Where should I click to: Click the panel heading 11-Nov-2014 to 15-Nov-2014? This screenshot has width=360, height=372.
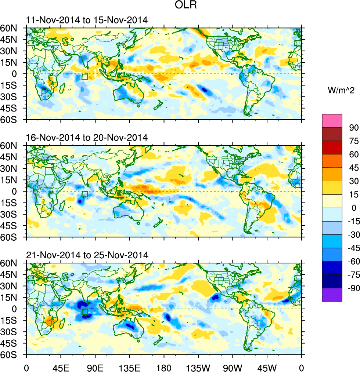coord(87,20)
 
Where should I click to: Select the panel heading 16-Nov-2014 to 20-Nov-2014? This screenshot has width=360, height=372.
coord(87,138)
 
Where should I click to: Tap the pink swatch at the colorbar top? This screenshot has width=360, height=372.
coord(332,120)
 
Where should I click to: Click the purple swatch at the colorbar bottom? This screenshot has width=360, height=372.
coord(332,295)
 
